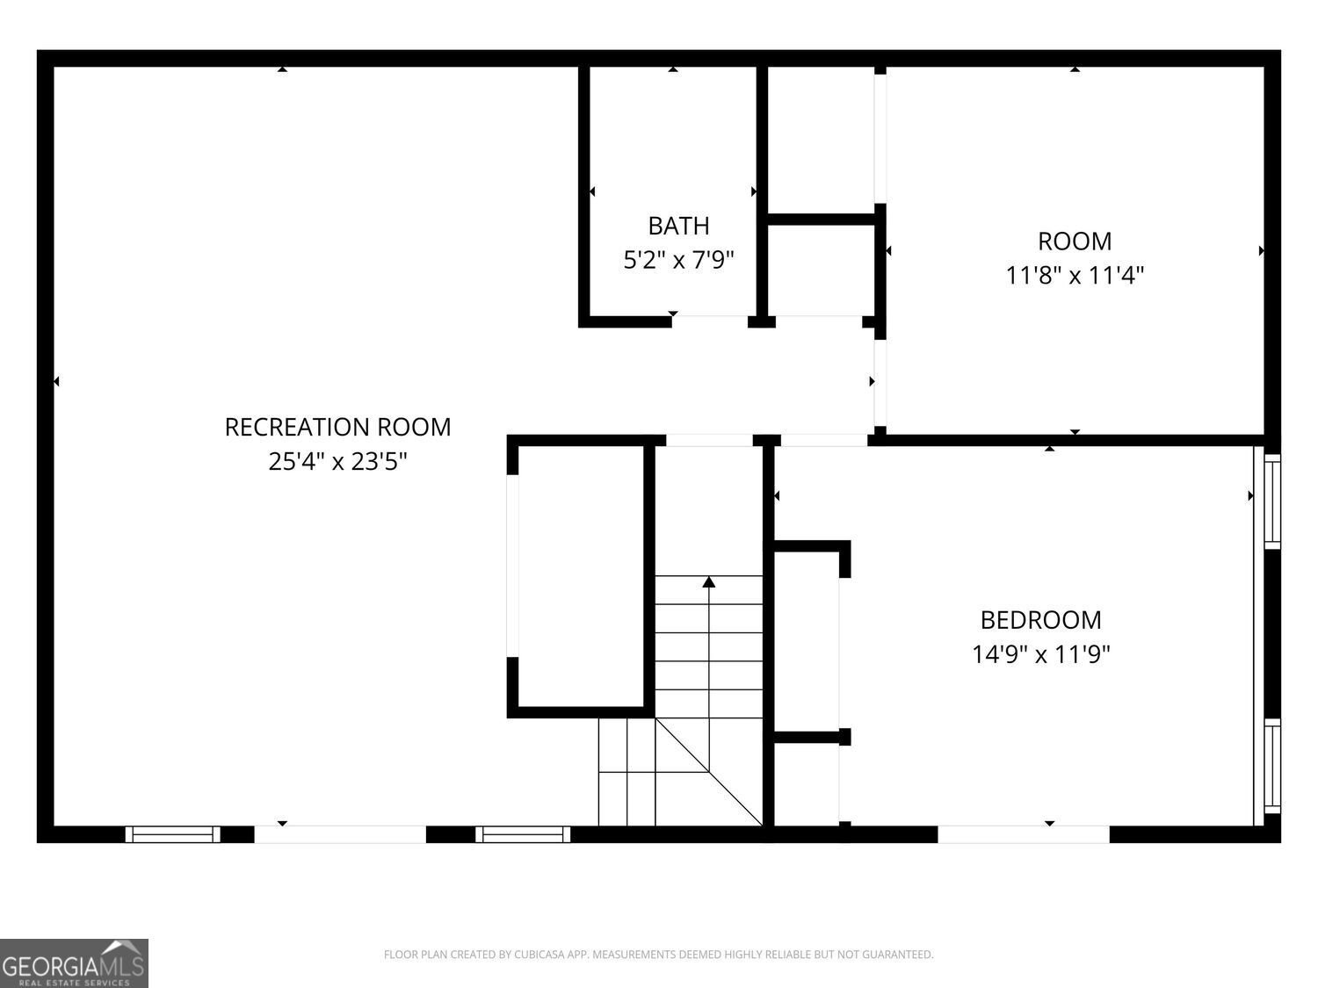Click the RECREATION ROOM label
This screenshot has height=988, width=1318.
click(x=337, y=427)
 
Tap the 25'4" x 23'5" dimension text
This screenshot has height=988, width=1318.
click(x=337, y=461)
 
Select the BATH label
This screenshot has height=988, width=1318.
click(x=678, y=227)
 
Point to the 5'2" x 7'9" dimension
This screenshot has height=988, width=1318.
click(x=678, y=260)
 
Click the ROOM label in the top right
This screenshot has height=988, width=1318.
click(x=1075, y=242)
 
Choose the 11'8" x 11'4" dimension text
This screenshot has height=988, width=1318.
click(x=1075, y=276)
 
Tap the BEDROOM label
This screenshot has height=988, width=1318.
click(x=1040, y=620)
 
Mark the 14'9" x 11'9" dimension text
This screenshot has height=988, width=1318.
click(x=1040, y=654)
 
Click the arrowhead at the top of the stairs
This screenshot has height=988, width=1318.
click(x=708, y=582)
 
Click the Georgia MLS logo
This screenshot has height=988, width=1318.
click(x=74, y=963)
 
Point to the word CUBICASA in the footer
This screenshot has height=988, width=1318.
click(x=539, y=955)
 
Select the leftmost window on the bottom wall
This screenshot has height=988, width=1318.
click(x=173, y=834)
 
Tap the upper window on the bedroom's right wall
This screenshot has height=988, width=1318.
click(x=1272, y=501)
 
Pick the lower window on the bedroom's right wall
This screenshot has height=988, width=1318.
click(x=1272, y=766)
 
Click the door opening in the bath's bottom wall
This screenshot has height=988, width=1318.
click(x=709, y=321)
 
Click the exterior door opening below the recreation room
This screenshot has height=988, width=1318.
click(x=340, y=834)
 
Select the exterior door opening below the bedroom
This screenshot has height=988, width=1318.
click(x=1023, y=834)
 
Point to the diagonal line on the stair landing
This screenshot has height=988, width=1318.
click(x=708, y=773)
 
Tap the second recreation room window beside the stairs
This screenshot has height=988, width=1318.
click(x=523, y=834)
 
